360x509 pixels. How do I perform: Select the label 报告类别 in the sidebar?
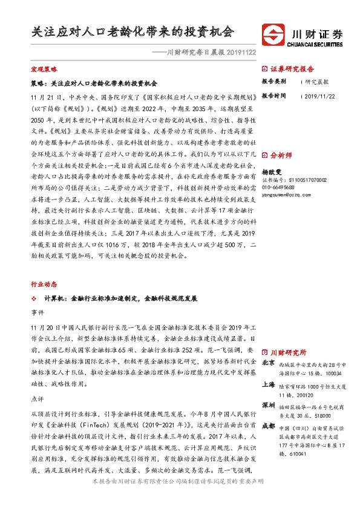pyautogui.click(x=273, y=81)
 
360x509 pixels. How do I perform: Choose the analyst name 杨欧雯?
pyautogui.click(x=272, y=172)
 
